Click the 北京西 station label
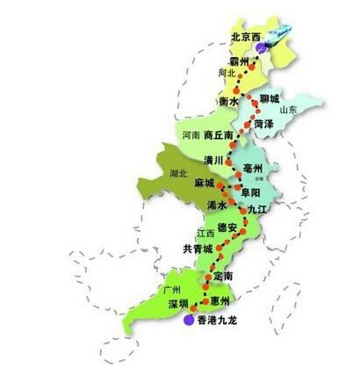click(x=244, y=37)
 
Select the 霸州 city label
click(x=239, y=61)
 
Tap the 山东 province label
click(x=288, y=111)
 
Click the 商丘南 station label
click(x=218, y=136)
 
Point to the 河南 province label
click(x=191, y=136)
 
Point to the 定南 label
click(x=224, y=276)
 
